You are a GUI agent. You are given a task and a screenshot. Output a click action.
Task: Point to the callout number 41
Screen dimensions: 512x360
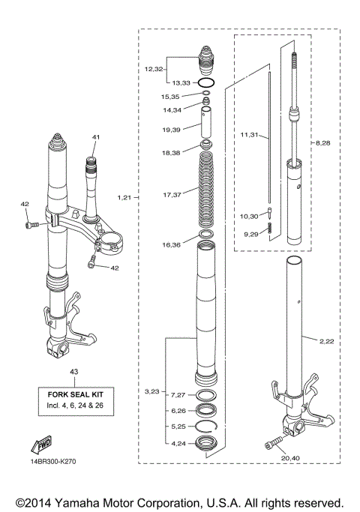click(95, 137)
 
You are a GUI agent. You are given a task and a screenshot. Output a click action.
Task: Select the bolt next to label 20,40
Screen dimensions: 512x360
click(274, 445)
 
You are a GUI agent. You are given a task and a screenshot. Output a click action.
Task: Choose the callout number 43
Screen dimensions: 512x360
click(73, 371)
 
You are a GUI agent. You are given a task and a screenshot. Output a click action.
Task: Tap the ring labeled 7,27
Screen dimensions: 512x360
click(207, 395)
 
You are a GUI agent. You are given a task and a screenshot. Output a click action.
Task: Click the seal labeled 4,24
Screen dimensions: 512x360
click(207, 443)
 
